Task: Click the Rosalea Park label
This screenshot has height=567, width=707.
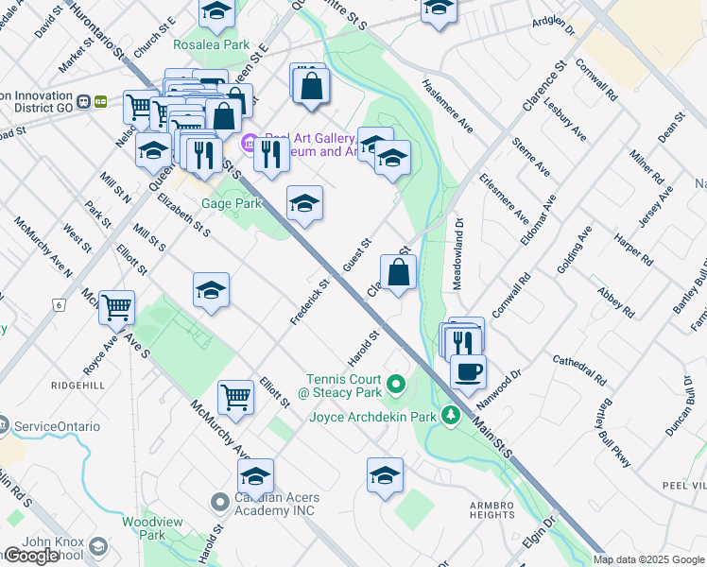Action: coord(209,44)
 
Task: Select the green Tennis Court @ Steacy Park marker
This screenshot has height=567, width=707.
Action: coord(397,384)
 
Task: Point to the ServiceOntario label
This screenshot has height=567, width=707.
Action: coord(59,426)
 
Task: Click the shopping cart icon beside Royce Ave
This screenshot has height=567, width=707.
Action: coord(116,306)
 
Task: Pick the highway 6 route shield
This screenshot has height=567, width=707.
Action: coord(59,305)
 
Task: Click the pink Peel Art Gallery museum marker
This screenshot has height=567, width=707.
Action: coord(250,144)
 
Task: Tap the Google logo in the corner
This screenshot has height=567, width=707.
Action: coord(31,556)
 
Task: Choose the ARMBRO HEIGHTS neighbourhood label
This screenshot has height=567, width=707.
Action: coord(492,509)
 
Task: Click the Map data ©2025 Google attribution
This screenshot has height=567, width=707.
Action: coord(648,559)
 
